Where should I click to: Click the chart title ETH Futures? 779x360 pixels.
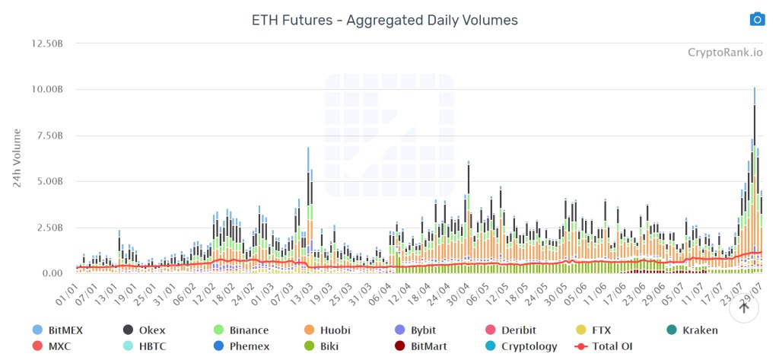384,21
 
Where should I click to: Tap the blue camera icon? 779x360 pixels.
757,19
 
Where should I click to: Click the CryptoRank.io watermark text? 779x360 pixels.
724,53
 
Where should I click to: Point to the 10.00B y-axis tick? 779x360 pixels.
46,89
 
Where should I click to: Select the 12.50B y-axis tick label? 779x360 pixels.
46,43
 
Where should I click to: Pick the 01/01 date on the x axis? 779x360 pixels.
69,294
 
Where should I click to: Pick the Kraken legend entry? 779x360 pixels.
692,330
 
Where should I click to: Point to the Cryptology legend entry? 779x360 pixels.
520,346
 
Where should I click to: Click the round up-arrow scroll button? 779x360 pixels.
745,308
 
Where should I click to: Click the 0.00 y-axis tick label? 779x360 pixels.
52,273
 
